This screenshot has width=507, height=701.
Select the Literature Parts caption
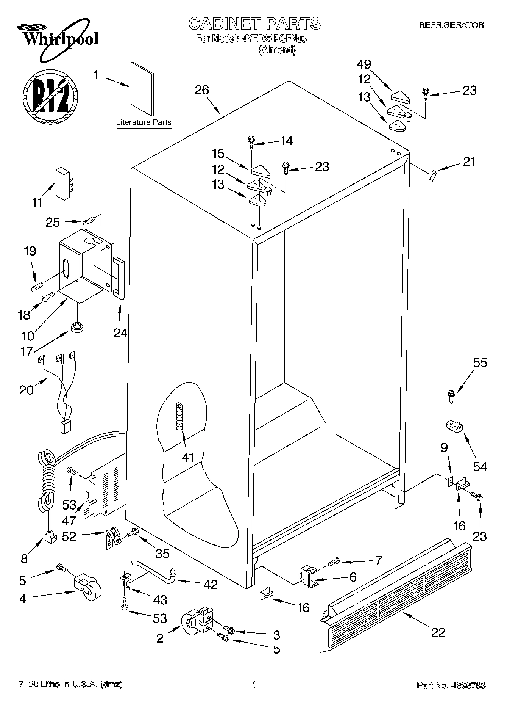tap(144, 122)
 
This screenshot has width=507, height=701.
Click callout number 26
tap(202, 90)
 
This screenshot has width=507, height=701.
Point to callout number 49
tap(364, 64)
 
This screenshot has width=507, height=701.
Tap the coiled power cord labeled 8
tap(47, 489)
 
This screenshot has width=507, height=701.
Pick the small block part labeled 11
tap(61, 183)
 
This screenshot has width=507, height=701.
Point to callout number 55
tap(480, 363)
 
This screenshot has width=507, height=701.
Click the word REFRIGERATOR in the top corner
tap(451, 25)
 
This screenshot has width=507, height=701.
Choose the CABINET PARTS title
tap(254, 24)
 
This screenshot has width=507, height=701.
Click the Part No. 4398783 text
tap(451, 685)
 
